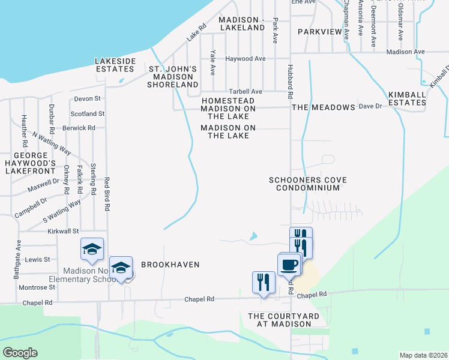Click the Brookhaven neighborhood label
point(170,264)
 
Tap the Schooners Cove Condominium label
point(304,184)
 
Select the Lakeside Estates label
point(115,65)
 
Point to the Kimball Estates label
point(407,99)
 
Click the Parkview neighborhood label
point(319,31)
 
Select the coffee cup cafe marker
point(289,263)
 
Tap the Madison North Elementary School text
point(81,275)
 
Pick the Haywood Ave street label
point(245,59)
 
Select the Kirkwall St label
point(64,231)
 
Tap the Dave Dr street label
point(370,106)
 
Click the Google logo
point(20,353)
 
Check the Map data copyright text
point(423,355)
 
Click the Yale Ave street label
point(212,62)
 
